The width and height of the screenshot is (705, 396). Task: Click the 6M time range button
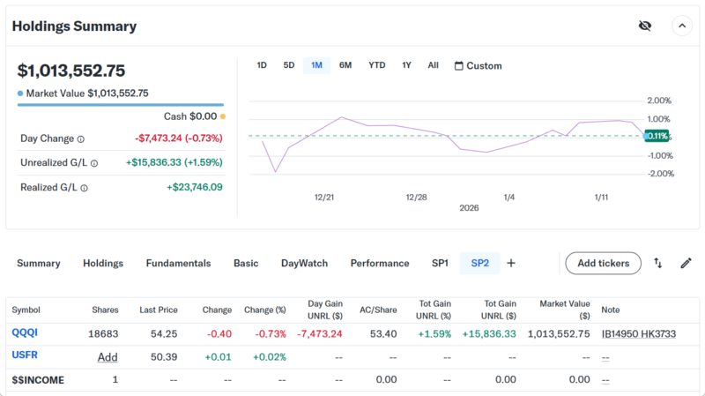coord(345,65)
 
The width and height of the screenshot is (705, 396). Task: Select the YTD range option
coord(376,65)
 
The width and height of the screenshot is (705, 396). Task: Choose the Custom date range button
coord(478,66)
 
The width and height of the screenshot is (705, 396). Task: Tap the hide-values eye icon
coord(645,26)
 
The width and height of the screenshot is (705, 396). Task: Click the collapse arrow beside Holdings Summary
coord(682,26)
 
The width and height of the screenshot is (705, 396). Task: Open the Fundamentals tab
coord(178,263)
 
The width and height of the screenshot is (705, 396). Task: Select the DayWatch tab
coord(304,263)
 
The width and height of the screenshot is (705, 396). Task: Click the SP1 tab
coord(440,263)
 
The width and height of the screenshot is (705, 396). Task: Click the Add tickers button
coord(603,263)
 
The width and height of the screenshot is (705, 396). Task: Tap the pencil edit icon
coord(686,263)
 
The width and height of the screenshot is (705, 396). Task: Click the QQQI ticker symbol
coord(25,333)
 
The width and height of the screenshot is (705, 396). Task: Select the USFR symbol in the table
coord(25,355)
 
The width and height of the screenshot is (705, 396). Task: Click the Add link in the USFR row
coord(108,357)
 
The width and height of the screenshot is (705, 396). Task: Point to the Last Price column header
coord(159,310)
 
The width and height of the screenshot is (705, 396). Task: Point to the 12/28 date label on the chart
coord(416,198)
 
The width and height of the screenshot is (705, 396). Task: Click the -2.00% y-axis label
coord(660,174)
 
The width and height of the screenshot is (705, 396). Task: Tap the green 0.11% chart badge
coord(657,136)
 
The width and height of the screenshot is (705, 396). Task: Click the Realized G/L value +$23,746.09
coord(194,187)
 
